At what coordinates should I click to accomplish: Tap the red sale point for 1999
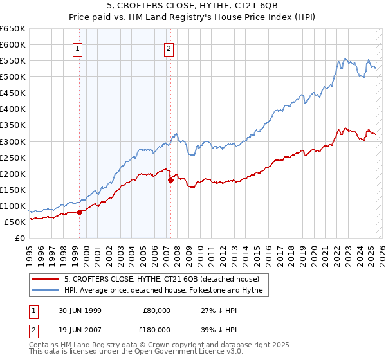pyautogui.click(x=80, y=212)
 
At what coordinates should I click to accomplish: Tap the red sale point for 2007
pyautogui.click(x=170, y=180)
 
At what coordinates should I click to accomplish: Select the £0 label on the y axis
pyautogui.click(x=19, y=238)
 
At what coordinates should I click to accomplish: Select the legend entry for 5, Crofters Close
pyautogui.click(x=161, y=279)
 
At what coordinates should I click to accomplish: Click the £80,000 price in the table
pyautogui.click(x=155, y=310)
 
